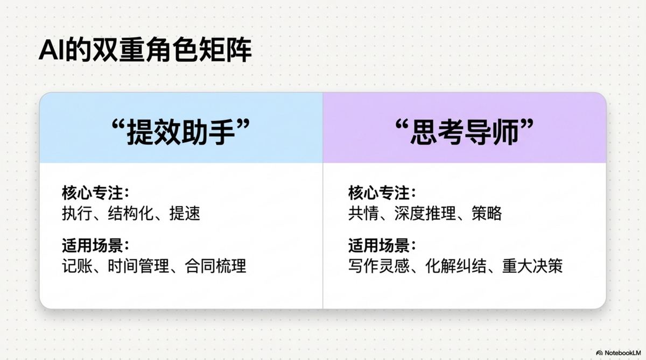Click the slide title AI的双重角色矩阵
click(145, 52)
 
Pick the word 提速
click(185, 213)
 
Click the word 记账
click(75, 266)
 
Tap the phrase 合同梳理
click(215, 266)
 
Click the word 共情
click(361, 213)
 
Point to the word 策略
click(487, 213)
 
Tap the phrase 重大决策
click(532, 266)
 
